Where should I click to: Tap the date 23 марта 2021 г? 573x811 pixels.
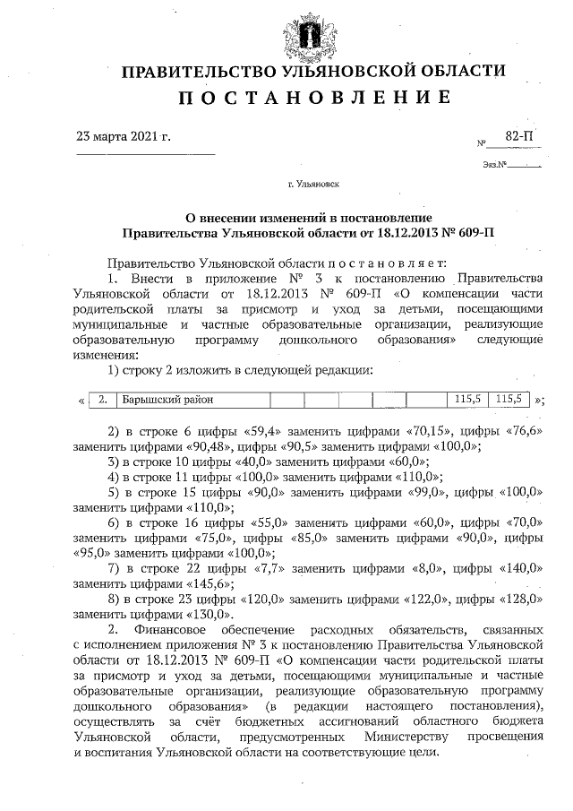click(124, 137)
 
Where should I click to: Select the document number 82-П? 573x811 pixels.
click(518, 134)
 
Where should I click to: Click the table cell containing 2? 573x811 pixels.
click(103, 399)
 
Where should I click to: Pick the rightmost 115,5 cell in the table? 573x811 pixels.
click(512, 399)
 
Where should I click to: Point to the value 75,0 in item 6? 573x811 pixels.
click(212, 538)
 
